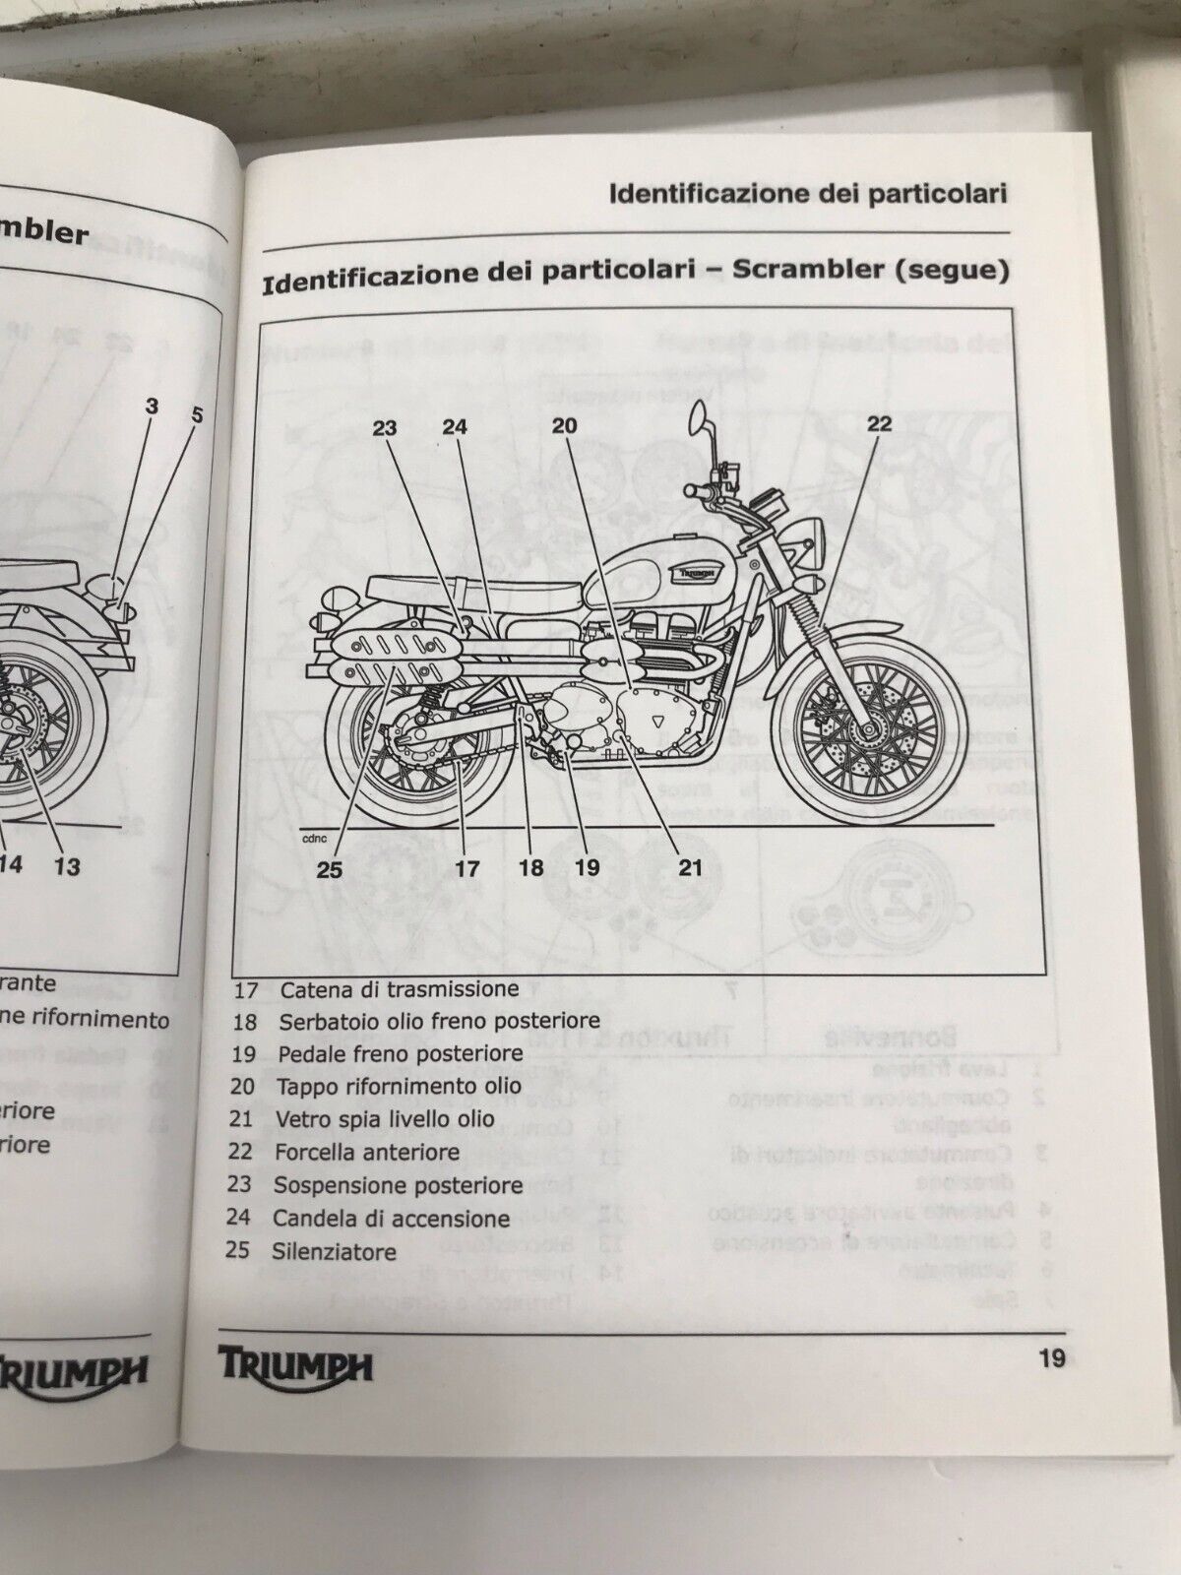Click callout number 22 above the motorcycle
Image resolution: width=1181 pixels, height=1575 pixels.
click(879, 423)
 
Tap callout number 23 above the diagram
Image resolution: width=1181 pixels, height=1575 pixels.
click(384, 427)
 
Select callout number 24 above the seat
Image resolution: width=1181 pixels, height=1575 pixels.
click(454, 427)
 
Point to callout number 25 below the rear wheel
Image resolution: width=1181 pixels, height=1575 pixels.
click(329, 868)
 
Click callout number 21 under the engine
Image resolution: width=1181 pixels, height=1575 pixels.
click(690, 866)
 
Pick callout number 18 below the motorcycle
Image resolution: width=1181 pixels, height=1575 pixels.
click(531, 868)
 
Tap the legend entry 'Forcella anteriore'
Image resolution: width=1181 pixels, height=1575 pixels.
click(367, 1152)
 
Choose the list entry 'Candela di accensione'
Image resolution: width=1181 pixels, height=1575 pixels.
click(392, 1219)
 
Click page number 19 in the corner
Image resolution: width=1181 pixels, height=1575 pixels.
click(1051, 1359)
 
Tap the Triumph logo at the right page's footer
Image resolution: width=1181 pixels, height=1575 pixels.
click(294, 1365)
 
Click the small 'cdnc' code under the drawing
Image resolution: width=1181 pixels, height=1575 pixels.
click(317, 839)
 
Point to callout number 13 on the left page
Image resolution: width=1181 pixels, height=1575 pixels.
click(67, 866)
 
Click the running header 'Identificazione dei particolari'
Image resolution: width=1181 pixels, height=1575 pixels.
click(808, 193)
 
